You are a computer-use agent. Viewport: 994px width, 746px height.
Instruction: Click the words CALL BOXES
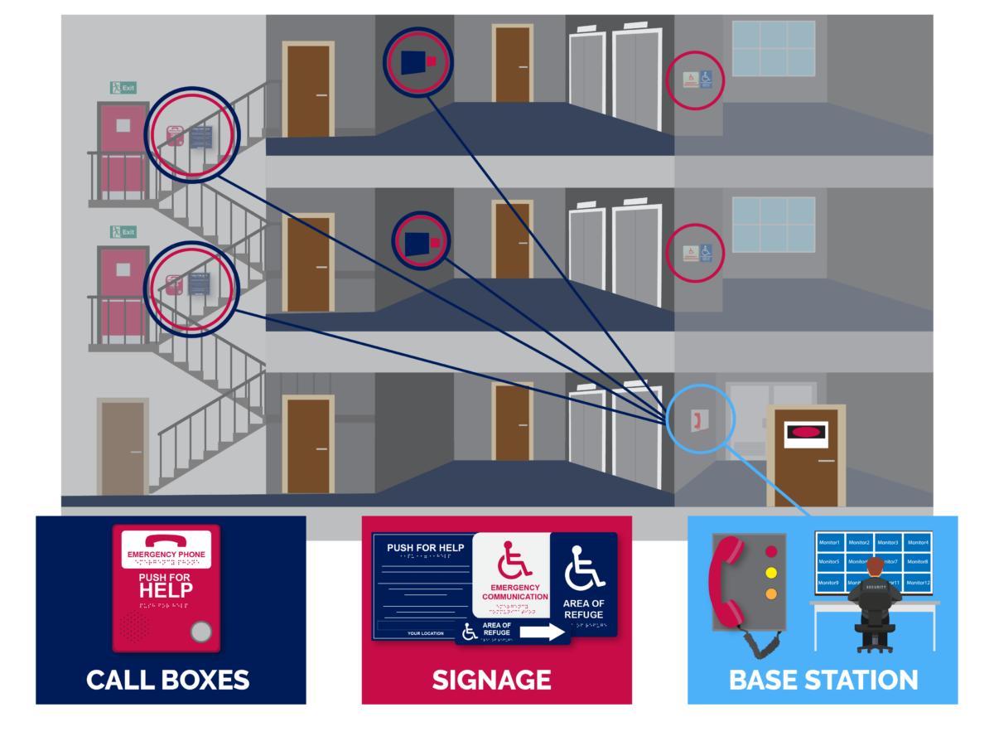[168, 680]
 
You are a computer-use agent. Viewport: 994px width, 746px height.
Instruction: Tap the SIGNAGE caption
[492, 680]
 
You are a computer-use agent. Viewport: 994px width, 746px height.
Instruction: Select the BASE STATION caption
[823, 680]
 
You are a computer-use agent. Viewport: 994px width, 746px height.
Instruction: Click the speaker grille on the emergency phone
[136, 626]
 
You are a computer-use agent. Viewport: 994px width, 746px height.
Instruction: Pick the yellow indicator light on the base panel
[771, 573]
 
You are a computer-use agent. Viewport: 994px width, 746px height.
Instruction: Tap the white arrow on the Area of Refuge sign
[543, 632]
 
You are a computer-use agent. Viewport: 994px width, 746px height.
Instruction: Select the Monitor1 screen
[829, 543]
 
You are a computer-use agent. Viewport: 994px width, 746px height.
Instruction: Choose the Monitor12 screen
[918, 583]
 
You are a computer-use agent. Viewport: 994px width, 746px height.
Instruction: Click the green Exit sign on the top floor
[123, 87]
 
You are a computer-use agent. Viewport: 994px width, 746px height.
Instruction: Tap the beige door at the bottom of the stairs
[123, 448]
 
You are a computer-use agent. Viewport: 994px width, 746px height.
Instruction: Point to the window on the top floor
[774, 48]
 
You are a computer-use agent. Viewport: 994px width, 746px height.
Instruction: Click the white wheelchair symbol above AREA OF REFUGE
[584, 570]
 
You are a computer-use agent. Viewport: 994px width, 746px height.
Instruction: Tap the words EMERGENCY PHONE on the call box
[166, 555]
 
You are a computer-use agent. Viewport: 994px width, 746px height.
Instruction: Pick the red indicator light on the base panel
[771, 551]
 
